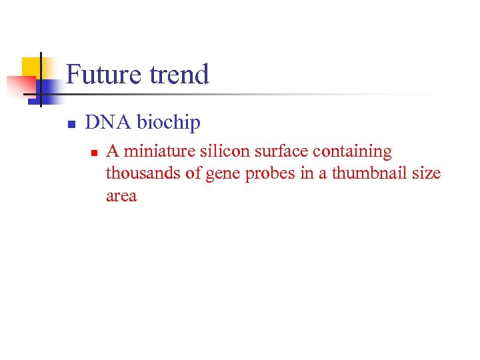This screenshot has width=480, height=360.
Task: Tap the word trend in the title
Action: coord(178,74)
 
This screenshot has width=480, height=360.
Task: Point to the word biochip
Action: coord(169,123)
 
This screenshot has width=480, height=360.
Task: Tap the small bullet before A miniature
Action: coord(94,153)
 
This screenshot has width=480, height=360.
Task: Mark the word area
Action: coord(121,197)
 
